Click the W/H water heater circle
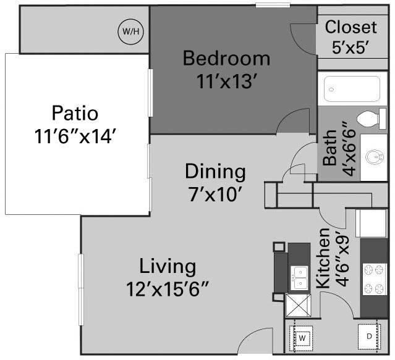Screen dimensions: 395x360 (131, 31)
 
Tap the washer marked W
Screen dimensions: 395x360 (301, 338)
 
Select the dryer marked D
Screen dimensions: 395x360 (369, 337)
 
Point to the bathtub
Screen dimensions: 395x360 (352, 89)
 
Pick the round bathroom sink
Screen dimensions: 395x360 (375, 157)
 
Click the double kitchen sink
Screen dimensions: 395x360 (300, 278)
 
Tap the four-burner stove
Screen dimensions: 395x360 (375, 279)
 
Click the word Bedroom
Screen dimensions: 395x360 (226, 59)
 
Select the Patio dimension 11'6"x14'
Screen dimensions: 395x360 (75, 136)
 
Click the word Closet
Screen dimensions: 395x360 (351, 27)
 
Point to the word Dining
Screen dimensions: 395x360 (215, 172)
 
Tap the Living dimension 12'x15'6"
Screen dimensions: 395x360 (168, 290)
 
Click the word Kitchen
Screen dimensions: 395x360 (323, 258)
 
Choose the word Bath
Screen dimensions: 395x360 (329, 148)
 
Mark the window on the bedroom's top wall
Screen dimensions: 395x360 (273, 5)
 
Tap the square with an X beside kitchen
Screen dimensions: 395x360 (299, 306)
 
